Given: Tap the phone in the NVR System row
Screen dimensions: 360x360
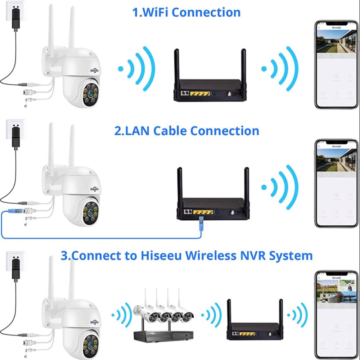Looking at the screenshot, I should coord(336,315).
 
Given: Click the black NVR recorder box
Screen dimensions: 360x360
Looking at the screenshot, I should coord(158,336).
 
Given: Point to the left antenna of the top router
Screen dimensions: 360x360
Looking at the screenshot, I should coord(177,67).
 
